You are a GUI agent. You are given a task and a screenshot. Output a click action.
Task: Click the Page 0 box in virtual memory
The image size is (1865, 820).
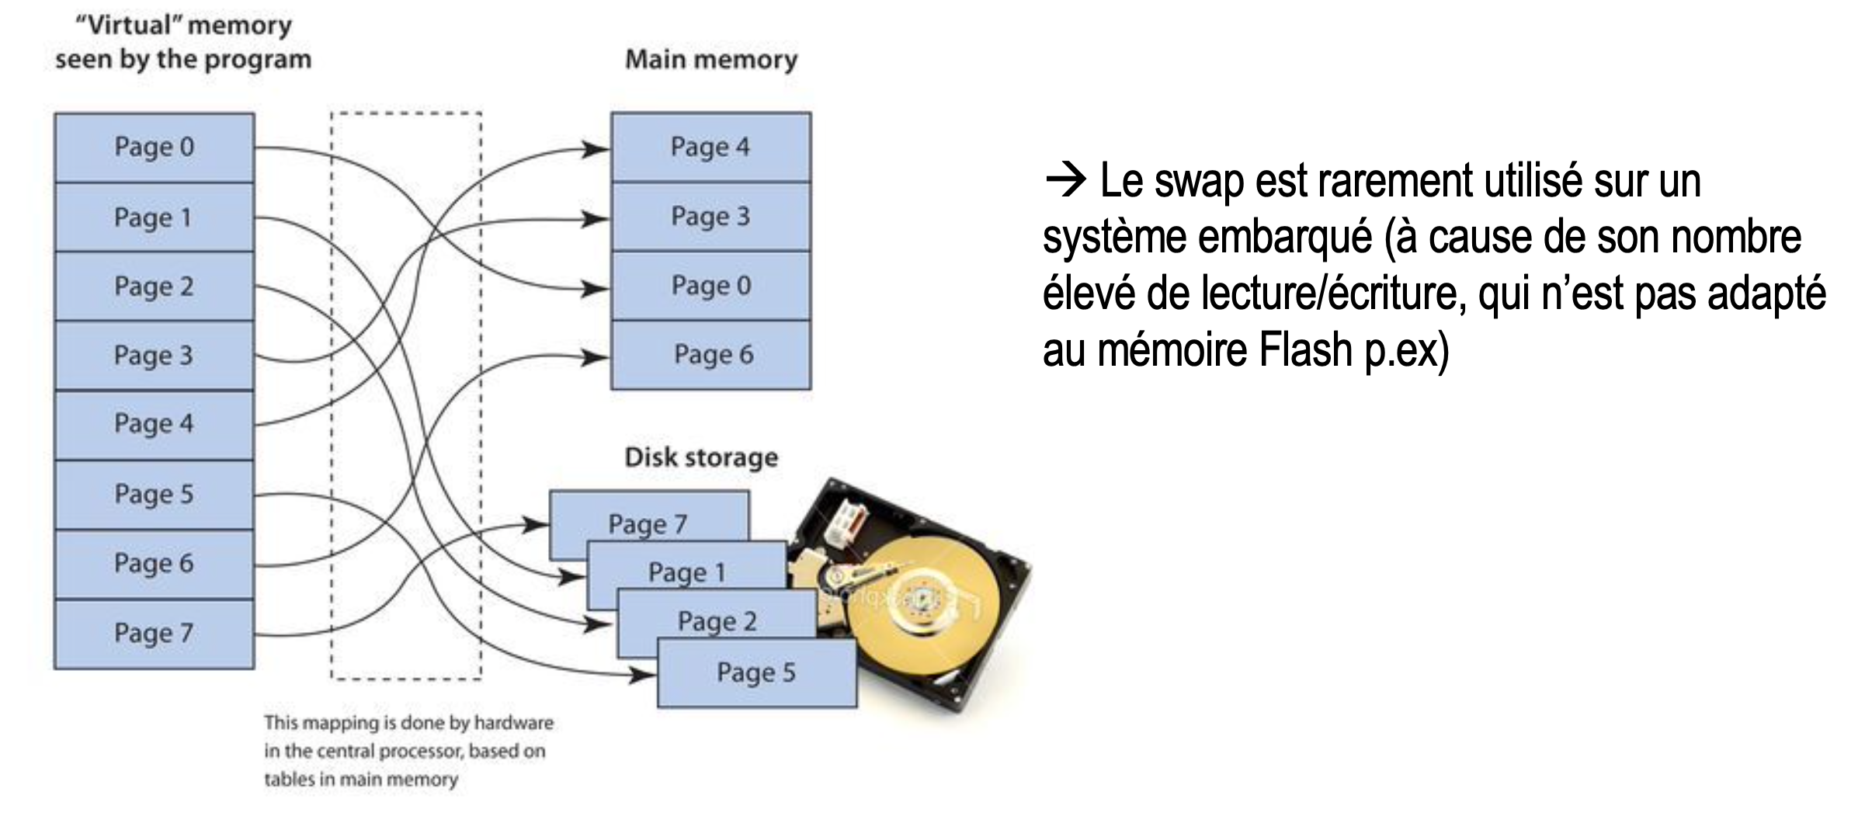tap(154, 148)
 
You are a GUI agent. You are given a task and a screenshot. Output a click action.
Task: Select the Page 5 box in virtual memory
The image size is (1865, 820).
tap(154, 495)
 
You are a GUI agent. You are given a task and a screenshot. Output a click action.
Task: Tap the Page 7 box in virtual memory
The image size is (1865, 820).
tap(154, 634)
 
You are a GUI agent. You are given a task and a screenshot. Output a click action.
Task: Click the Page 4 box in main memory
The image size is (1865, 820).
tap(710, 148)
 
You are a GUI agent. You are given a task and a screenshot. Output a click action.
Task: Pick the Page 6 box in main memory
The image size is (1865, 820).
tap(710, 355)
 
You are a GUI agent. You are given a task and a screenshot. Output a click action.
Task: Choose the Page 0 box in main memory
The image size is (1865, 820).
tap(710, 286)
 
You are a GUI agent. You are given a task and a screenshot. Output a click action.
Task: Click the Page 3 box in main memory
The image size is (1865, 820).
tap(710, 217)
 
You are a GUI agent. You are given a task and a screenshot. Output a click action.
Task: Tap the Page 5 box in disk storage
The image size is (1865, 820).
tap(756, 672)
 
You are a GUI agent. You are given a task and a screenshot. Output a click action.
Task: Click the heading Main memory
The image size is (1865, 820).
tap(711, 60)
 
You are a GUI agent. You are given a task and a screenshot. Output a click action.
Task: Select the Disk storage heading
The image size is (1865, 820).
tap(700, 457)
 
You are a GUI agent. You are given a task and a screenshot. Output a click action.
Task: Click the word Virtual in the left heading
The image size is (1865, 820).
tap(129, 25)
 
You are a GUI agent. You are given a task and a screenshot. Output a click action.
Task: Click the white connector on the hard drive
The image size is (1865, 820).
tap(846, 522)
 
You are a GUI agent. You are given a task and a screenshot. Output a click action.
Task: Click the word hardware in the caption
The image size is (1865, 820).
tap(513, 723)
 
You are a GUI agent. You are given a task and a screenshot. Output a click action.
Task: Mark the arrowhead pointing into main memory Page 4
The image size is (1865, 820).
tap(596, 148)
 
